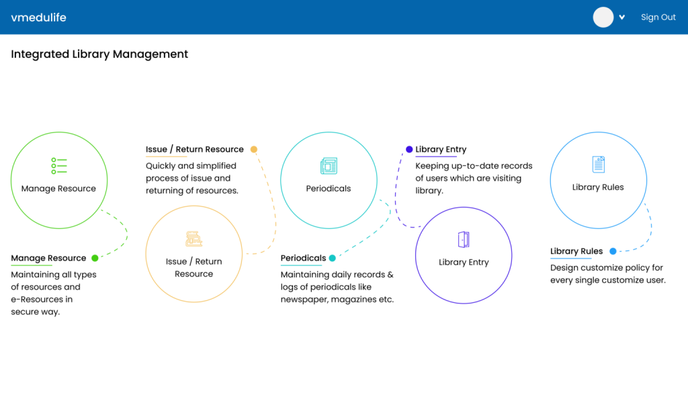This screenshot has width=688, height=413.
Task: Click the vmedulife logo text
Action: coord(38,17)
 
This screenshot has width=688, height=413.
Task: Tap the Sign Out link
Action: coord(658,17)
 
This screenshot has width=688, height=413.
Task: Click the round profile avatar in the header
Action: coord(603,17)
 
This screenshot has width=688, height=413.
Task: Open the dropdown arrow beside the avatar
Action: coord(621,17)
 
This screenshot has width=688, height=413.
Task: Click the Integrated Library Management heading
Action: coord(99,54)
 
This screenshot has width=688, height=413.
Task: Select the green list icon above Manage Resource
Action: coord(59,166)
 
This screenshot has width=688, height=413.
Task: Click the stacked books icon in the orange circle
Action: coord(193,238)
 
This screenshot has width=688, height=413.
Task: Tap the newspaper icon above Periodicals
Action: coord(329,166)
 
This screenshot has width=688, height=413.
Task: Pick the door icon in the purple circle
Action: coord(464,239)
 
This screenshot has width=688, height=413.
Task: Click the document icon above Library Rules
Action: coord(599,165)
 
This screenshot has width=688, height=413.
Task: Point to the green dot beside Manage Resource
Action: coord(95,258)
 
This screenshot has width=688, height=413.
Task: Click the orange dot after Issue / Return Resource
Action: coord(253,150)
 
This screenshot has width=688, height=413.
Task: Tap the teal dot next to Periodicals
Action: coord(332,258)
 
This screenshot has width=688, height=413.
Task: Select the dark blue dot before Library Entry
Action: coord(409,150)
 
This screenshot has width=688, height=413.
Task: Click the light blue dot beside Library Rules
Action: coord(613,251)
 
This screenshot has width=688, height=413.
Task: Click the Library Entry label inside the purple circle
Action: coord(464,262)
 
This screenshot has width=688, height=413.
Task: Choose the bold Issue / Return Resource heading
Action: coord(194,150)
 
